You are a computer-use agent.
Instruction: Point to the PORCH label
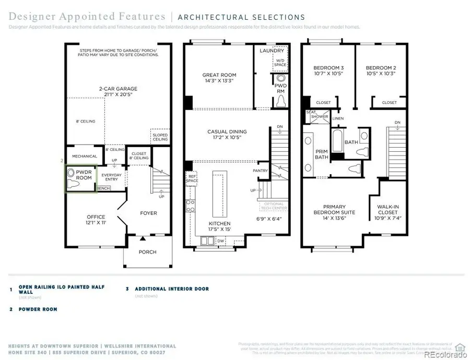[x=147, y=252]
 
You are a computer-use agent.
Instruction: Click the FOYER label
[x=148, y=213]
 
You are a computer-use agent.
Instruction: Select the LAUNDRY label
[x=273, y=51]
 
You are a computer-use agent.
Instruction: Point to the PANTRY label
[x=260, y=171]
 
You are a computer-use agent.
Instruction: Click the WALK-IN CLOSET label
[x=388, y=210]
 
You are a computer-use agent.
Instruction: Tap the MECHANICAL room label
[x=85, y=156]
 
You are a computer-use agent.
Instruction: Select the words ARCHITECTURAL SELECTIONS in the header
[x=242, y=17]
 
